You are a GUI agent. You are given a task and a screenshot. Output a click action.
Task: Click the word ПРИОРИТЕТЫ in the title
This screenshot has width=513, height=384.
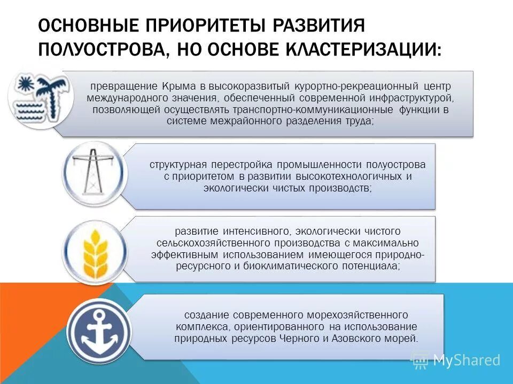[x=200, y=26]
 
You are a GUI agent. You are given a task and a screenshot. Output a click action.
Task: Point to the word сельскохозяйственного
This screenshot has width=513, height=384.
[x=197, y=243]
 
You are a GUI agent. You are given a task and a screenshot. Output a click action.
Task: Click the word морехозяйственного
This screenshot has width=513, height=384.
[x=350, y=315]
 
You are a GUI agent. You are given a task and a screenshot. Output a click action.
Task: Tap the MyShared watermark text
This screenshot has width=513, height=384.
[x=467, y=360]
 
